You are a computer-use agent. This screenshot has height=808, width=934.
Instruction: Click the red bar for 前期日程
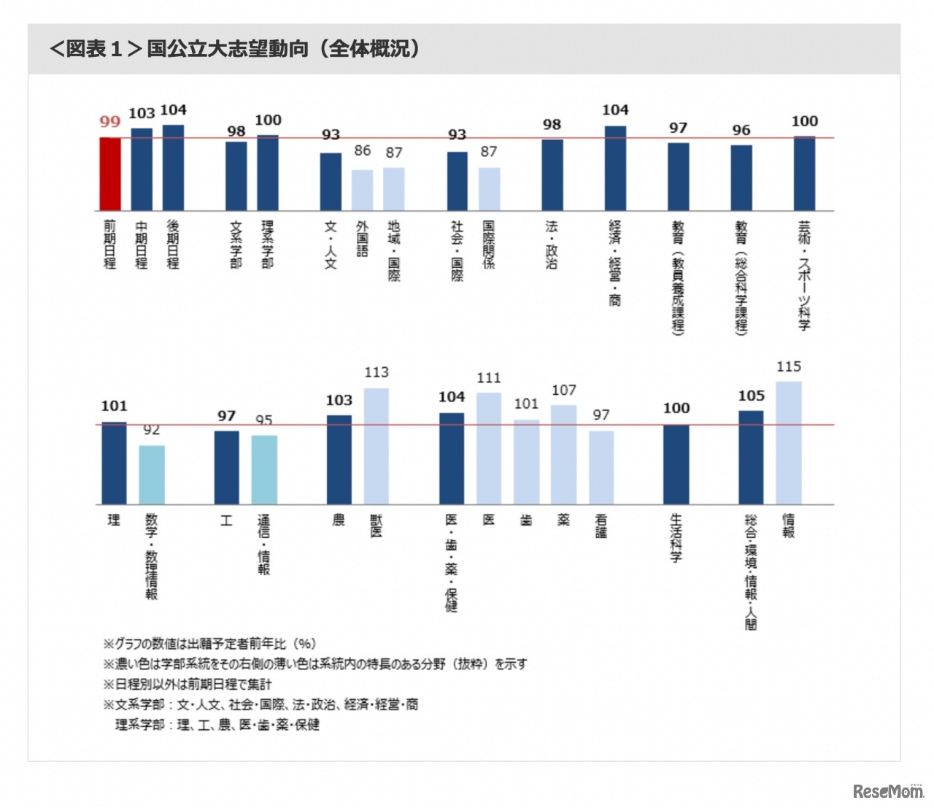[110, 174]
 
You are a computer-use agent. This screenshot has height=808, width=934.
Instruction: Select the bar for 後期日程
[173, 168]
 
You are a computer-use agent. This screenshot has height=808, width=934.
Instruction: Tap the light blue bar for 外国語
[362, 190]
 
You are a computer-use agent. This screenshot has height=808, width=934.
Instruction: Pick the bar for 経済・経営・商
[615, 169]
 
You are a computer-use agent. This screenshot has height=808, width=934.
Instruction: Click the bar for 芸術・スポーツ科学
[804, 174]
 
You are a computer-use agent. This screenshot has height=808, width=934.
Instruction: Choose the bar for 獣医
[376, 446]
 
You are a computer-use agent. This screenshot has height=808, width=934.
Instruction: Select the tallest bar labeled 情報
[789, 442]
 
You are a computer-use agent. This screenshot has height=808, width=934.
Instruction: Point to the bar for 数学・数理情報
[152, 474]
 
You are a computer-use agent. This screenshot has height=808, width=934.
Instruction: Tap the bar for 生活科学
[676, 464]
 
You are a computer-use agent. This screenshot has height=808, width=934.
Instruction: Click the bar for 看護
[601, 467]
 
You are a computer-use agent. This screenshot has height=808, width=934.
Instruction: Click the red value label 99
[110, 122]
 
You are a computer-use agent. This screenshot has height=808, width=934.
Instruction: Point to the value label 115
[789, 366]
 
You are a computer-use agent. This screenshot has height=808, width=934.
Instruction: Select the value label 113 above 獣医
[376, 372]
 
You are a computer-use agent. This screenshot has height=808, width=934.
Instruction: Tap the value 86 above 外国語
[363, 150]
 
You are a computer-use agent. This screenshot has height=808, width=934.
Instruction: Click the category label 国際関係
[489, 245]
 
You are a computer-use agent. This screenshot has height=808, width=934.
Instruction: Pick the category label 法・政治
[552, 245]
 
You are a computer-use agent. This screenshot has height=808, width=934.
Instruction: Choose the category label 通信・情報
[263, 545]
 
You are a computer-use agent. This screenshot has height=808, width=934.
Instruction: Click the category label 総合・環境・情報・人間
[751, 572]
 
